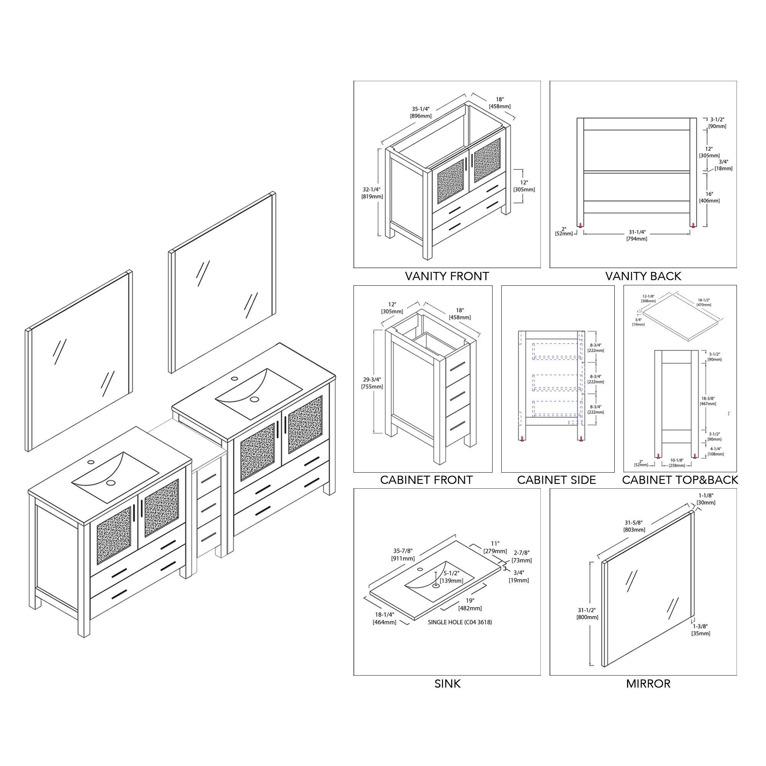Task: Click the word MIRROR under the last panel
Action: coord(648,684)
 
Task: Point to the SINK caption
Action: coord(447,684)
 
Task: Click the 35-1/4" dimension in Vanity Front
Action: coord(421,109)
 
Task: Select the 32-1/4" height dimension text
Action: coord(372,190)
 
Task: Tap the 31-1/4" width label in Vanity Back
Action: coord(637,232)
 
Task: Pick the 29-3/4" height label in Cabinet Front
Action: coord(372,380)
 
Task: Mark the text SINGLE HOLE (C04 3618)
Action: coord(460,622)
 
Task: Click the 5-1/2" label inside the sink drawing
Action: coord(451,573)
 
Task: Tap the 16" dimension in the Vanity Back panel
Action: coord(709,194)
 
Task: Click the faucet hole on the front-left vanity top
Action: coord(91,462)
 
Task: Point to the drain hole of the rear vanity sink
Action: coord(254,399)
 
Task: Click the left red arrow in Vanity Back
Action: coord(581,225)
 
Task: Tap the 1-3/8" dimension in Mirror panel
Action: coord(700,627)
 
